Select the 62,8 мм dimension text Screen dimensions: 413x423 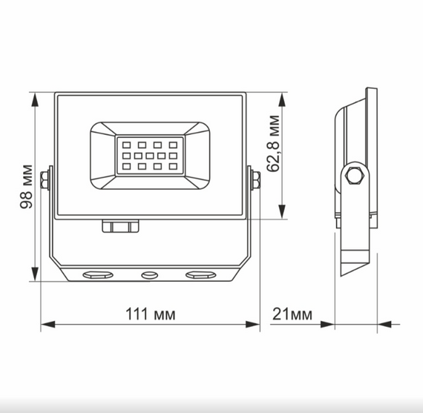pyautogui.click(x=275, y=153)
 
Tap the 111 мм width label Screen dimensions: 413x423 pyautogui.click(x=151, y=314)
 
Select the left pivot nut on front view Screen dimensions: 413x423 pyautogui.click(x=46, y=180)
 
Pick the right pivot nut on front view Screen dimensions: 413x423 pyautogui.click(x=256, y=180)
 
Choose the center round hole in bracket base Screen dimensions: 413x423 pyautogui.click(x=149, y=275)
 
